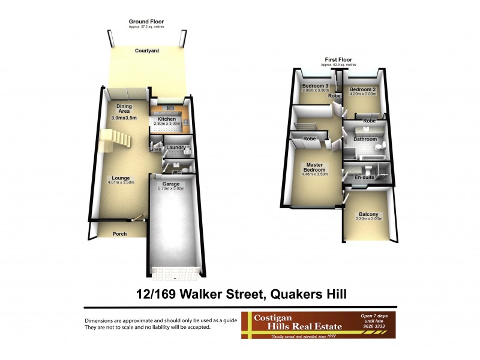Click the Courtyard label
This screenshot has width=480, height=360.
pos(146,51)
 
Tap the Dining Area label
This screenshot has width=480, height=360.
pos(124,109)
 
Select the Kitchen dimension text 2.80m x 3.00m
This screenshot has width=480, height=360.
pos(167,124)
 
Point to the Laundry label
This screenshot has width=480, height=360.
pos(175,147)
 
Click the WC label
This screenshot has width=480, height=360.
pos(176,173)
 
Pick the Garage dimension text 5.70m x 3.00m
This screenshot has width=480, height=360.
pos(171,189)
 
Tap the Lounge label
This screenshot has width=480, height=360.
pos(122,178)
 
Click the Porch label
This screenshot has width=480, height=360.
pos(120,233)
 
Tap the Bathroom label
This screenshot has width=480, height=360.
pos(365,139)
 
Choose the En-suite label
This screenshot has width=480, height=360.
pos(364,178)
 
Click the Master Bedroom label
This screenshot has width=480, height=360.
pos(315,167)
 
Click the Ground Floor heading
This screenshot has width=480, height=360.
pos(146,22)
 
